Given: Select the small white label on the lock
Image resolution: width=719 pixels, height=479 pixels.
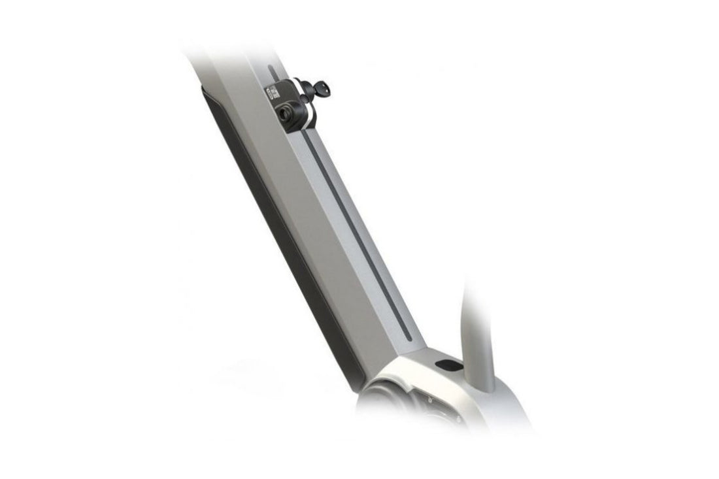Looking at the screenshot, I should point(273,93).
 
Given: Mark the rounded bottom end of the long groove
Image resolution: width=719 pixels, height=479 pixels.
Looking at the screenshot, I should point(410,336).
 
